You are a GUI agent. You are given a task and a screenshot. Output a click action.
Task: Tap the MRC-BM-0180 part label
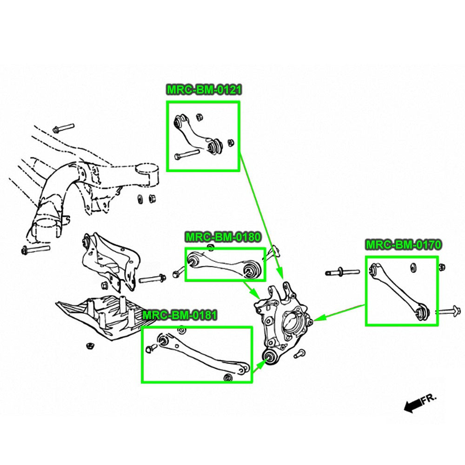point(223,237)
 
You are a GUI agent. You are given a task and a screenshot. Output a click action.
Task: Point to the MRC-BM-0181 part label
point(179,316)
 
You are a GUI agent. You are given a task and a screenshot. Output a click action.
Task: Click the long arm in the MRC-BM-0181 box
point(201,353)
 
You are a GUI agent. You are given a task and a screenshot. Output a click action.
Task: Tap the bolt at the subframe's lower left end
point(35,249)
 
